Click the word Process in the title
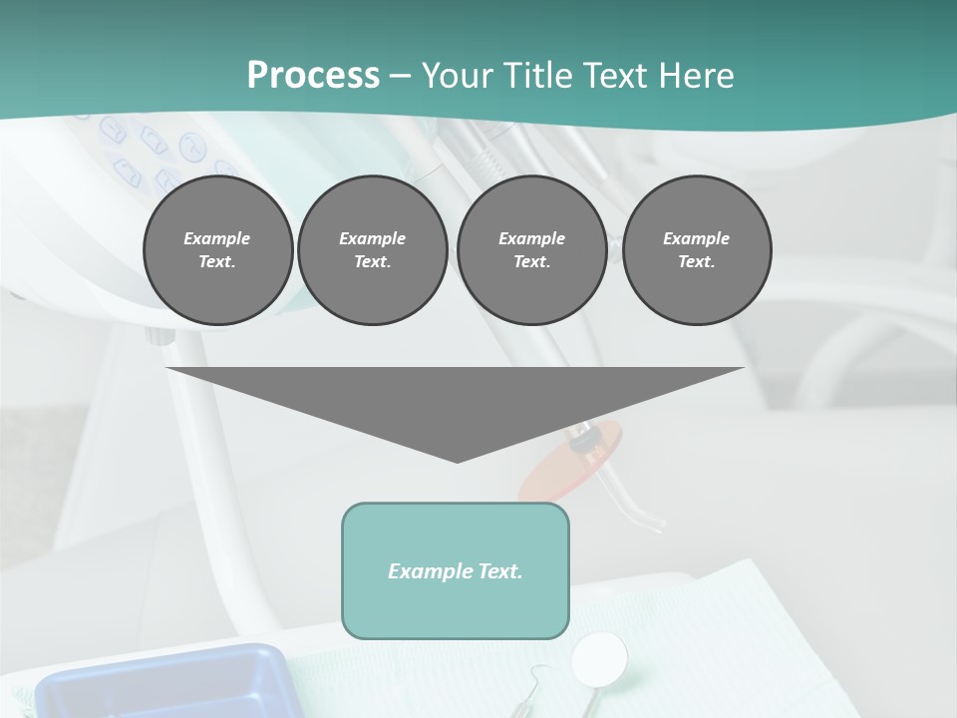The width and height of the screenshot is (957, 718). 313,76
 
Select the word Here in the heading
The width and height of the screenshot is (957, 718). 696,76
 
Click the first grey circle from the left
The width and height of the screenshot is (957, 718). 217,250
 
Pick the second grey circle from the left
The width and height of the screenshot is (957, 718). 373,250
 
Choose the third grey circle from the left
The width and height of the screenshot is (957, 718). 531,250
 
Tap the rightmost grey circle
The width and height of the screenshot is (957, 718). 697,250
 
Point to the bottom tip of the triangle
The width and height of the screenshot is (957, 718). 457,461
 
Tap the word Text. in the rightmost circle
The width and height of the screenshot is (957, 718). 697,262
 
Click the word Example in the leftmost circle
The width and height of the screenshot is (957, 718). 217,238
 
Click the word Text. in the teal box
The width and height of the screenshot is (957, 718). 499,571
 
